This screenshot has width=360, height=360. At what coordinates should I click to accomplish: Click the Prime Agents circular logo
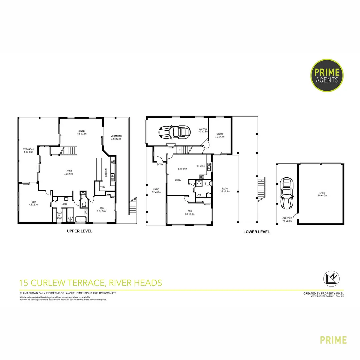tap(327, 75)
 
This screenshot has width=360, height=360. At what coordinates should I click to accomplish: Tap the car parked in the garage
tap(174, 132)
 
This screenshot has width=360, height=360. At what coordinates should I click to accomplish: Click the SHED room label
tap(322, 192)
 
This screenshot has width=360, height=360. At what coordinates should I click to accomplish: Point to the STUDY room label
tap(219, 134)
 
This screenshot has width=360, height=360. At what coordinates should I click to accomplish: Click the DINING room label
tap(82, 131)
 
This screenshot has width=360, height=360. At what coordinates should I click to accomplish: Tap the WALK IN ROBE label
tap(59, 215)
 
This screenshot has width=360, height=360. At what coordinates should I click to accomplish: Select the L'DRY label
tap(64, 204)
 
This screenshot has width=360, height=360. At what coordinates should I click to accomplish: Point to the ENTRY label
tap(160, 164)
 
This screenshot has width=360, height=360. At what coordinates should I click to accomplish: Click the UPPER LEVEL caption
tap(80, 231)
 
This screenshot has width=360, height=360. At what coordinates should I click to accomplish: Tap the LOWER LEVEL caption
tap(257, 232)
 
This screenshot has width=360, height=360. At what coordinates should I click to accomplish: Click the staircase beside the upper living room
tap(68, 151)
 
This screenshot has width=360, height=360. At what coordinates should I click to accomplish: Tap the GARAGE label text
tap(203, 129)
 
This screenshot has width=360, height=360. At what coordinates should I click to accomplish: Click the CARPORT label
tap(287, 219)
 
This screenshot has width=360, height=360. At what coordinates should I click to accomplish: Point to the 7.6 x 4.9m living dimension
tap(69, 174)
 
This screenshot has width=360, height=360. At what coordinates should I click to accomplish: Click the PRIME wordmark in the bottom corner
tap(333, 340)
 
